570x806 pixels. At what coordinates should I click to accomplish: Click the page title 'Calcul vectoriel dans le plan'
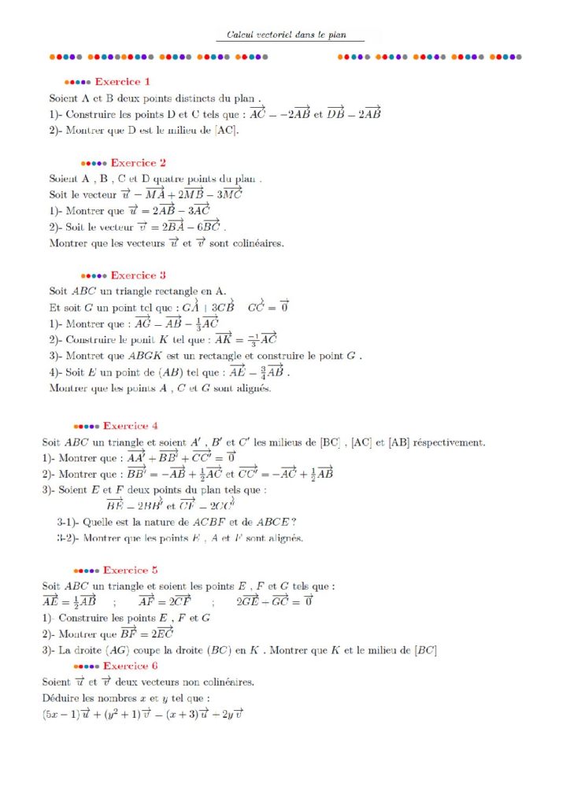290,35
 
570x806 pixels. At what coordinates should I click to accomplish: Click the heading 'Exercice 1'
123,81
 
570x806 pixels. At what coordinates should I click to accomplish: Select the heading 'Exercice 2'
139,163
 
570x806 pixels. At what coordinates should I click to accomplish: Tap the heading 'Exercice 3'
139,275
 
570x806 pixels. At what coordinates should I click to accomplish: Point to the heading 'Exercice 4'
131,426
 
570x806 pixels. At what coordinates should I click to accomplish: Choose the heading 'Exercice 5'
131,570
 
